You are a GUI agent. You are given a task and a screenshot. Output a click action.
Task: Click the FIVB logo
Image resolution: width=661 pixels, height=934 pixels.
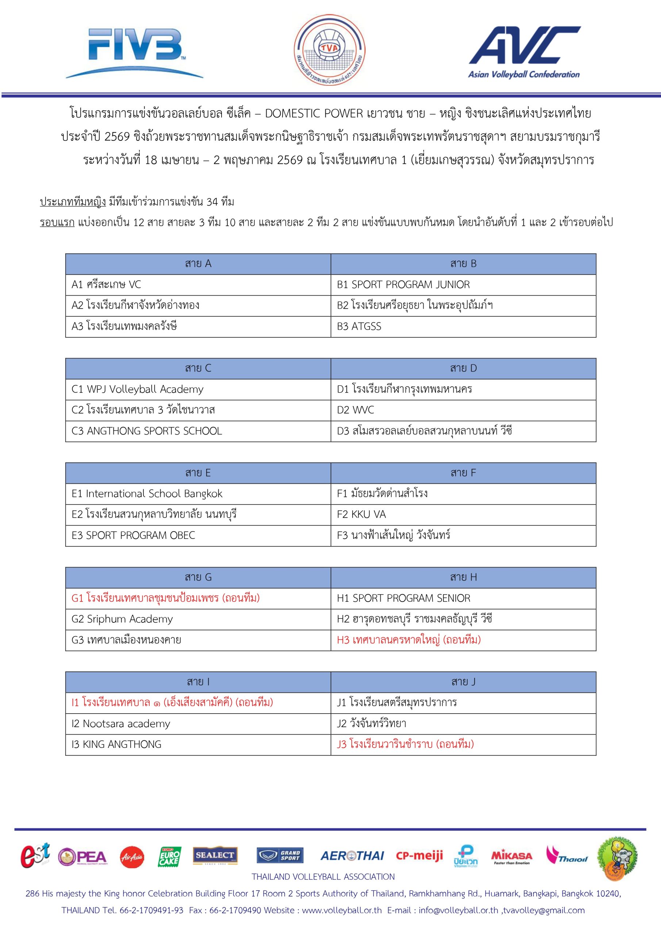coord(134,52)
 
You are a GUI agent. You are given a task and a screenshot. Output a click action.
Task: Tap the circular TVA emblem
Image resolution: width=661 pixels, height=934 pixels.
coord(330,50)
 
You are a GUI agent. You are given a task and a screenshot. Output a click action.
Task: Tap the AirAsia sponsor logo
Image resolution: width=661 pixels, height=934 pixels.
coord(131,857)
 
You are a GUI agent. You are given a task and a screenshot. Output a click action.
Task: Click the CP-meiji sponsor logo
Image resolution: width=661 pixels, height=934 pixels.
coord(419,856)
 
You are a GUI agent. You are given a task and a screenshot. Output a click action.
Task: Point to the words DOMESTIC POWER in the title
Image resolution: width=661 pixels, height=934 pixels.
coord(314,113)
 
